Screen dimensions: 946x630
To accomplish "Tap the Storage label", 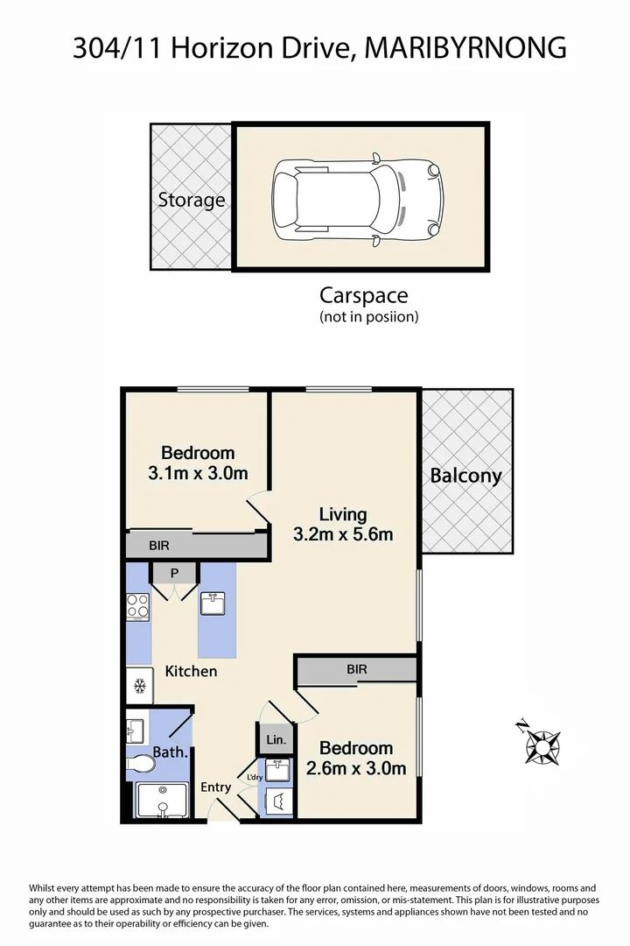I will tap(191, 200).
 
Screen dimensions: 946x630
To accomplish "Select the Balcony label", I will tap(466, 476).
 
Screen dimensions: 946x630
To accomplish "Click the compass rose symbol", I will tap(542, 746).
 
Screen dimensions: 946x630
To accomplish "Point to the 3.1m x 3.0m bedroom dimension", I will tap(198, 473).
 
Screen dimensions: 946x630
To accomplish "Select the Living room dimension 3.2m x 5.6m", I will tap(342, 533).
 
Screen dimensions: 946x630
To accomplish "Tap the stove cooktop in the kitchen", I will tap(138, 606).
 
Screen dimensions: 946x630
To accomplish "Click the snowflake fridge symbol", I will tap(138, 686).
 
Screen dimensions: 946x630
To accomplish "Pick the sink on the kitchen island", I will tap(213, 604).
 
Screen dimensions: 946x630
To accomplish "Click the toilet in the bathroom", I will tap(140, 766).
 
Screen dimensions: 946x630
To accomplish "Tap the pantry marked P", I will tap(174, 573).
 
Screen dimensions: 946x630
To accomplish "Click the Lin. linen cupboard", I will tap(275, 739).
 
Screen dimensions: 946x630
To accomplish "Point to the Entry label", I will tap(215, 787).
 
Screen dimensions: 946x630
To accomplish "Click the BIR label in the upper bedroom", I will tap(158, 545).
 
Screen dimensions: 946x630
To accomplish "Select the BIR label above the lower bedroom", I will tap(356, 669).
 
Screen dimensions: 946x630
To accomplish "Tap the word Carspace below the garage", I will tap(363, 295).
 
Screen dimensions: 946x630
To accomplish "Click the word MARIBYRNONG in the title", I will tap(464, 47).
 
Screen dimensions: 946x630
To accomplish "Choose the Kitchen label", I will tap(191, 671).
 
